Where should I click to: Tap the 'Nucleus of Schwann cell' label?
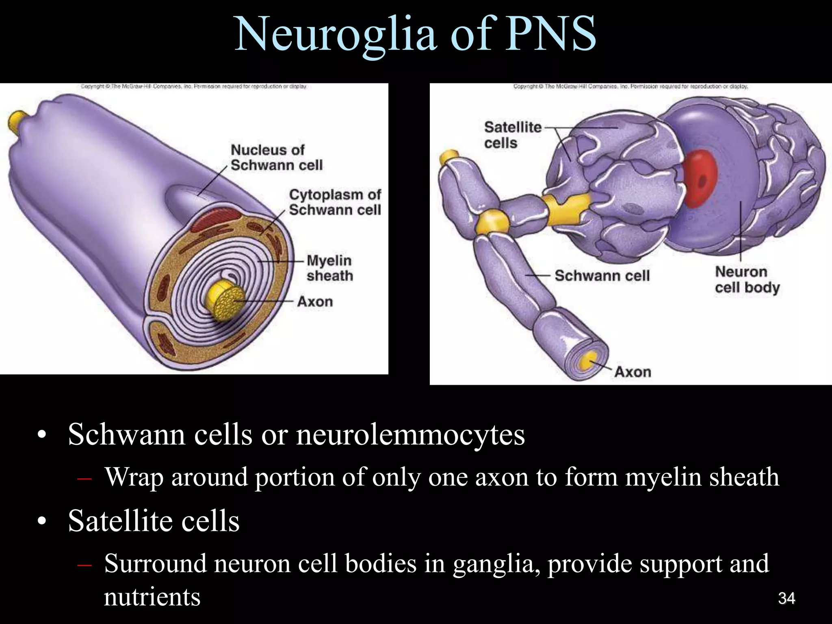coord(276,158)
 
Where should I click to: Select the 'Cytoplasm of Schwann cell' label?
coord(335,202)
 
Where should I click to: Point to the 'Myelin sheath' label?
coord(329,268)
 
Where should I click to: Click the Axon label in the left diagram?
coord(315,302)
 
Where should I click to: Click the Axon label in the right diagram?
coord(633,372)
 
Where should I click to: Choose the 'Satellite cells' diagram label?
coord(513,135)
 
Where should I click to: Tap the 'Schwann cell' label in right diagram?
coord(602,276)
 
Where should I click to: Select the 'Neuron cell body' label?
coord(747,279)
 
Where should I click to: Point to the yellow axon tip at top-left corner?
coord(17,119)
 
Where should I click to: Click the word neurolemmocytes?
coord(410,435)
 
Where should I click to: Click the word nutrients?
coord(152,597)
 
